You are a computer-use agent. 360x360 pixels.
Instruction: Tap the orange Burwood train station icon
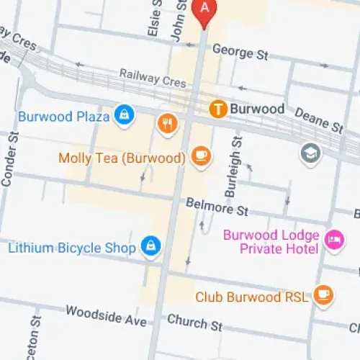pyautogui.click(x=218, y=109)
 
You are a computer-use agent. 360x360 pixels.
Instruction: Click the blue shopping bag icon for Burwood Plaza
pyautogui.click(x=125, y=115)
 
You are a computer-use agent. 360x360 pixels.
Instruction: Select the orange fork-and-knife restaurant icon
pyautogui.click(x=167, y=123)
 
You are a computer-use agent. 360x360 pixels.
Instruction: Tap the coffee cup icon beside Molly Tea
pyautogui.click(x=200, y=157)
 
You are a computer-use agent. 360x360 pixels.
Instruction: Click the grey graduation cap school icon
pyautogui.click(x=310, y=154)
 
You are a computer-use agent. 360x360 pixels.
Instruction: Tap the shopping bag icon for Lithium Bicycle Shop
pyautogui.click(x=150, y=247)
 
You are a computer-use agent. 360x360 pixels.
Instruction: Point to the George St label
pyautogui.click(x=234, y=52)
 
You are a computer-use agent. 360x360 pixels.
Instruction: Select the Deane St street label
pyautogui.click(x=319, y=117)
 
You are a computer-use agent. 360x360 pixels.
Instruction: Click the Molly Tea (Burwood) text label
pyautogui.click(x=123, y=158)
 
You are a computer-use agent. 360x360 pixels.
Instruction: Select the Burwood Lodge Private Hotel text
pyautogui.click(x=270, y=242)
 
